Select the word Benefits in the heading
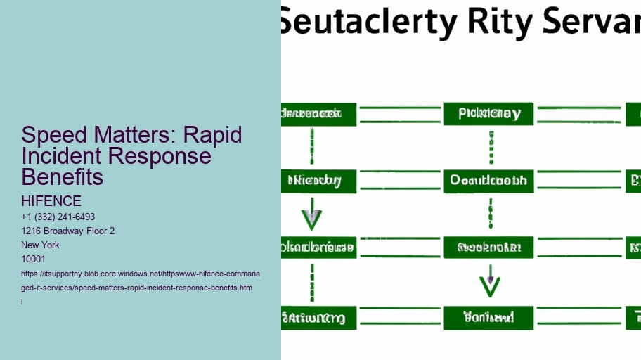click(63, 176)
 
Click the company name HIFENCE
click(51, 202)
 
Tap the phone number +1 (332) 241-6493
click(58, 217)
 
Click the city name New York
click(41, 245)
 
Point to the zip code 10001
click(34, 259)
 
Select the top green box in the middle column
click(488, 114)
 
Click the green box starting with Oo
click(488, 181)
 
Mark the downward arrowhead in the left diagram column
click(311, 220)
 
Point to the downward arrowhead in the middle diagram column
click(490, 285)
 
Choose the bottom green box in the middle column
click(488, 318)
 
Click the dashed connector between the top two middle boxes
click(490, 147)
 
